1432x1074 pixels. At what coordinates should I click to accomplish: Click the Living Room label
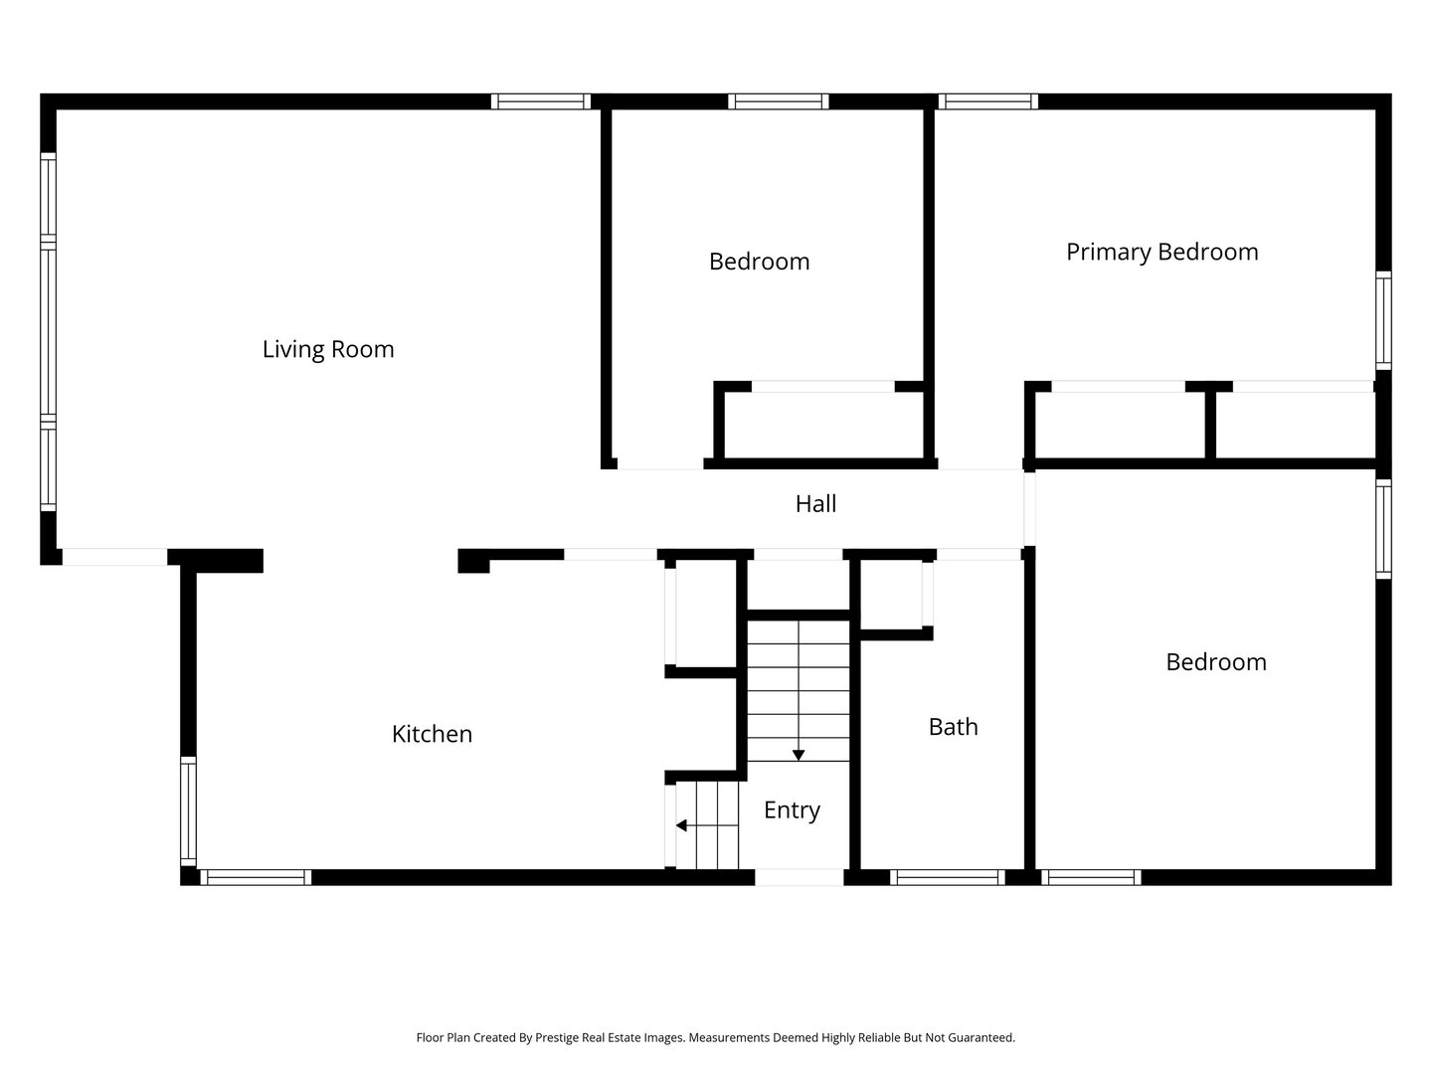click(328, 349)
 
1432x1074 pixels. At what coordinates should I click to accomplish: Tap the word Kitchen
click(432, 734)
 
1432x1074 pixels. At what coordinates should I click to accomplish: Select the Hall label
click(815, 504)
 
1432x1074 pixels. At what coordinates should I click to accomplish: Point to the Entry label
click(792, 810)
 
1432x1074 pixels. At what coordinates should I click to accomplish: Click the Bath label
click(953, 727)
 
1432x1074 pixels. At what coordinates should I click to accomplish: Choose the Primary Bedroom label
click(1162, 252)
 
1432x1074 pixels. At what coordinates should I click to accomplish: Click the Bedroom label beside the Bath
click(1215, 662)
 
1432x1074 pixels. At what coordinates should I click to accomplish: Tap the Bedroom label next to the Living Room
click(759, 262)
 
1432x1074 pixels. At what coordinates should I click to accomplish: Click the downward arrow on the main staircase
click(798, 755)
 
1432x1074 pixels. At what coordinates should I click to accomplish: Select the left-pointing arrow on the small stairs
click(682, 825)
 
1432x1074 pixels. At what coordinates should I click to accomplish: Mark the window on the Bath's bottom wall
click(948, 877)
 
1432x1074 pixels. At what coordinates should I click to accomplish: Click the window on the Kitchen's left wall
click(188, 808)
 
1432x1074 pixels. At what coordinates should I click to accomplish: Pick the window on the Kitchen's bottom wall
click(256, 877)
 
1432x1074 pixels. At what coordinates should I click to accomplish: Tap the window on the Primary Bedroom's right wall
click(1383, 320)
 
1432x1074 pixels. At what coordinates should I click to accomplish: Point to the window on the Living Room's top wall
click(541, 101)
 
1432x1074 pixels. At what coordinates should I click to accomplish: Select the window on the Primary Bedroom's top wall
click(987, 101)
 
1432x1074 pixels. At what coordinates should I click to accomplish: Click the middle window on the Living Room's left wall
click(48, 331)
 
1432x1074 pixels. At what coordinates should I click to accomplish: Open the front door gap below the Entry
click(800, 877)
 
